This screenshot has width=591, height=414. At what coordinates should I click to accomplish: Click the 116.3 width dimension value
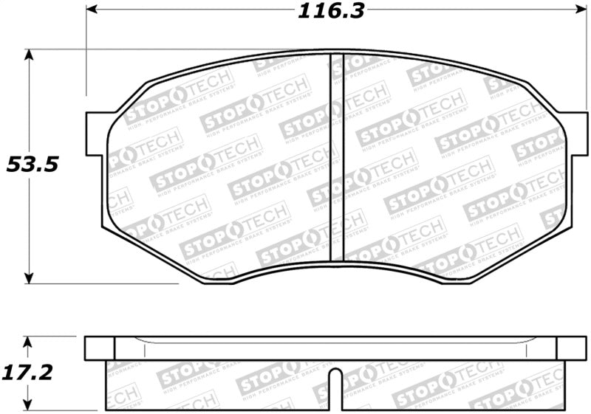(x=332, y=12)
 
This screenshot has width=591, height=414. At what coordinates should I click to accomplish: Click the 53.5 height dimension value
(x=32, y=165)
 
